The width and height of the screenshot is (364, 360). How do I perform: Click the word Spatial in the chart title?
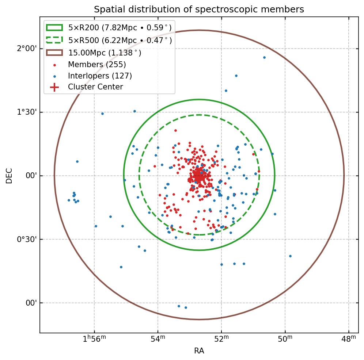click(x=107, y=9)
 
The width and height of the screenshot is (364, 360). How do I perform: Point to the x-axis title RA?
click(x=199, y=351)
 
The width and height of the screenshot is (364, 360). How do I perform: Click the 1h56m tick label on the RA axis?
click(x=94, y=339)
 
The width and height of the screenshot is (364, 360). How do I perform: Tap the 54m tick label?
click(x=158, y=340)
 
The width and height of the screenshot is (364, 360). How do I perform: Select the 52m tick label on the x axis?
click(x=221, y=340)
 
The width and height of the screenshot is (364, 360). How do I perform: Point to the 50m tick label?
click(x=285, y=340)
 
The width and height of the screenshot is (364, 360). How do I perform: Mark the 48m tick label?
click(x=349, y=340)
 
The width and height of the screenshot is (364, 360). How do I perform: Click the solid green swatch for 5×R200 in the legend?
click(x=54, y=27)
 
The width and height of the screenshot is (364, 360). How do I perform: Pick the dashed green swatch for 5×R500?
click(x=54, y=40)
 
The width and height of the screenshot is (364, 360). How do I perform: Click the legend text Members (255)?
click(x=97, y=65)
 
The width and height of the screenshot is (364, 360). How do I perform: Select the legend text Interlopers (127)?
click(x=100, y=76)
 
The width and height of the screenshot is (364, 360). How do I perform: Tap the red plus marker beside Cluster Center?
click(x=54, y=87)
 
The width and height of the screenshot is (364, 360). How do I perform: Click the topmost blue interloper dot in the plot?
click(x=264, y=57)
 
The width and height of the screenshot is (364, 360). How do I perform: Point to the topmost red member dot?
click(x=175, y=130)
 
